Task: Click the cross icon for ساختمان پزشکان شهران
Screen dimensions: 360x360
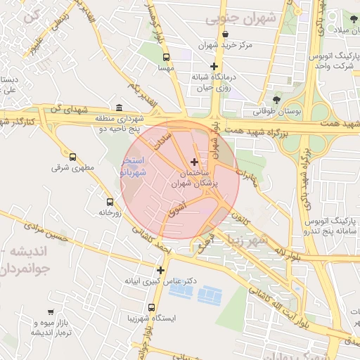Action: click(x=195, y=162)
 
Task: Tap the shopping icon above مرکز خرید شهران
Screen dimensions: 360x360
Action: click(x=225, y=34)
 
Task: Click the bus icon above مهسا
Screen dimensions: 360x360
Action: click(x=166, y=57)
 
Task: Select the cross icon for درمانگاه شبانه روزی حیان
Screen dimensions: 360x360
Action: click(x=214, y=66)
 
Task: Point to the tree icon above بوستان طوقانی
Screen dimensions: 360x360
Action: click(x=276, y=99)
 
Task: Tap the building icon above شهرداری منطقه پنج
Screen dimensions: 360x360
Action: click(x=118, y=108)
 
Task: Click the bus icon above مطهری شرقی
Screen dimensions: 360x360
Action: click(x=72, y=157)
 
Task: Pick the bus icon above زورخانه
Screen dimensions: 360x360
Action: click(x=108, y=201)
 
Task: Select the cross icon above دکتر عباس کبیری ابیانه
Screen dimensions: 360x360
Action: click(x=161, y=269)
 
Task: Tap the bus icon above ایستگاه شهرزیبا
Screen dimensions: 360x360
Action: click(x=152, y=307)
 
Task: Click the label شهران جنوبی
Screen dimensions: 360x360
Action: click(x=240, y=19)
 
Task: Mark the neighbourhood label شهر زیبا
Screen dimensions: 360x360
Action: click(x=261, y=240)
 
